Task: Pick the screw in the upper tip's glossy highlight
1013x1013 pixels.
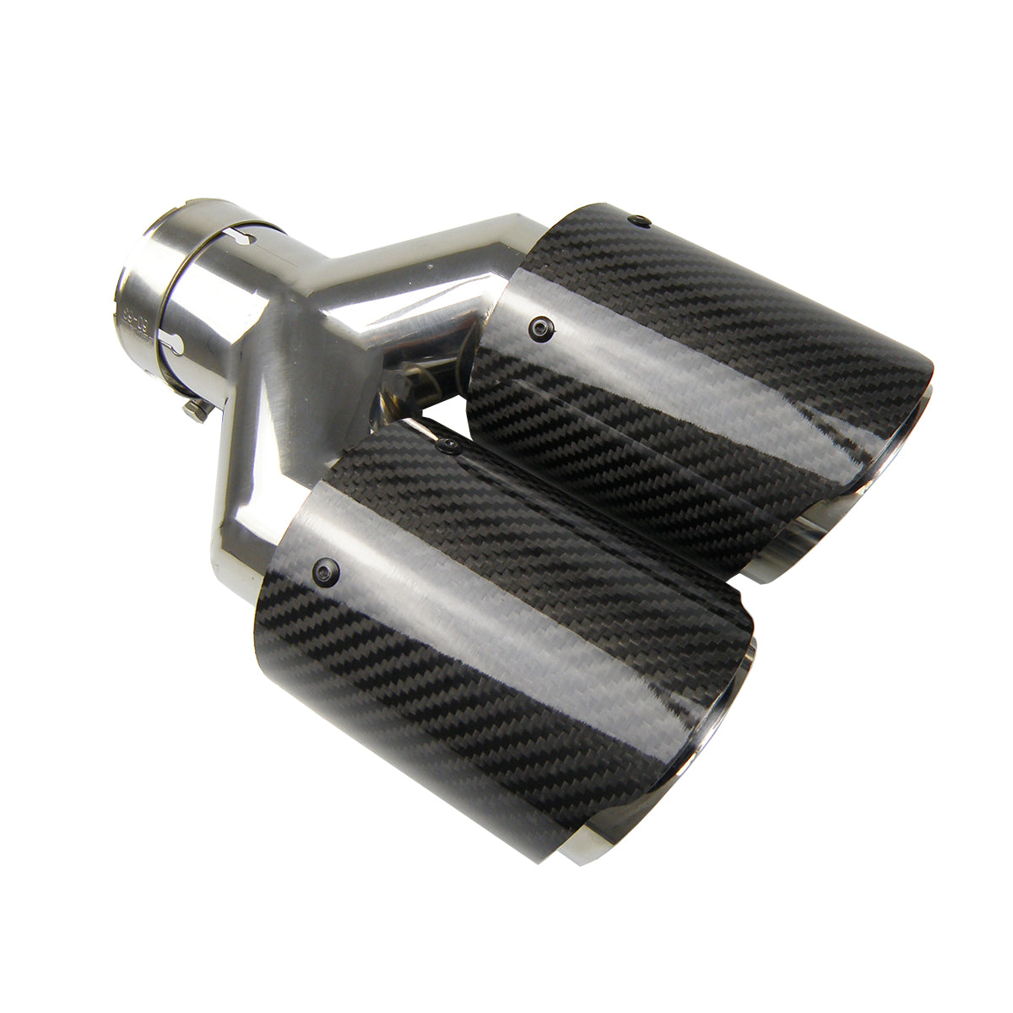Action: click(x=538, y=322)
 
